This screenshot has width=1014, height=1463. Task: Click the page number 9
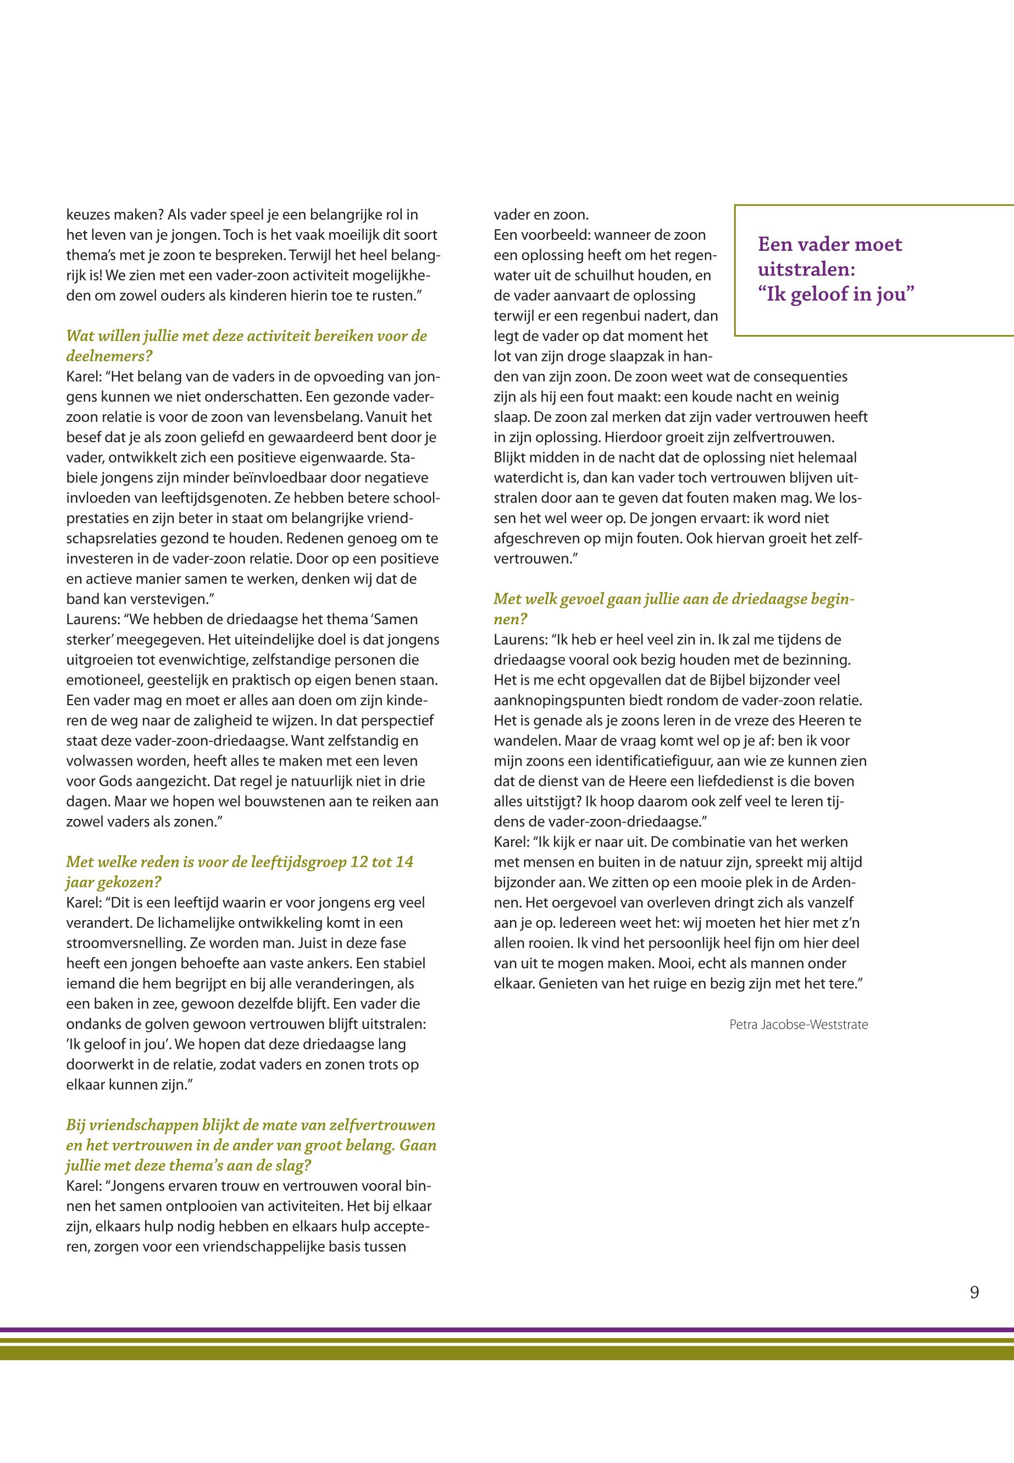point(974,1292)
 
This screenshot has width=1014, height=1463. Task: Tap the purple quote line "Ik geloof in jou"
point(835,295)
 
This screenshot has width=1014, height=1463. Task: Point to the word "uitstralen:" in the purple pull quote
point(806,269)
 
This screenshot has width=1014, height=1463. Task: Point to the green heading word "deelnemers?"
point(109,356)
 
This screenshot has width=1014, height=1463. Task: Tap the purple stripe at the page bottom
point(507,1329)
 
